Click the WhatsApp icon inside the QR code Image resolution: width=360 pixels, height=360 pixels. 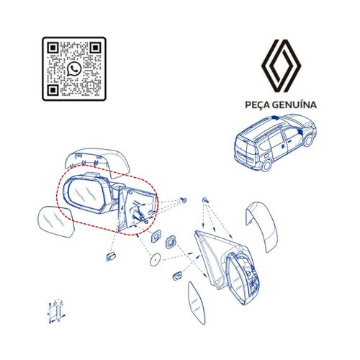click(x=75, y=69)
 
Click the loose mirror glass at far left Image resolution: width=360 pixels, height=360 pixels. click(x=55, y=222)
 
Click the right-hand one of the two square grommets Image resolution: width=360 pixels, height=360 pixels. click(x=173, y=243)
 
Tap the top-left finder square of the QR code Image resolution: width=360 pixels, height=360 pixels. click(x=53, y=48)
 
